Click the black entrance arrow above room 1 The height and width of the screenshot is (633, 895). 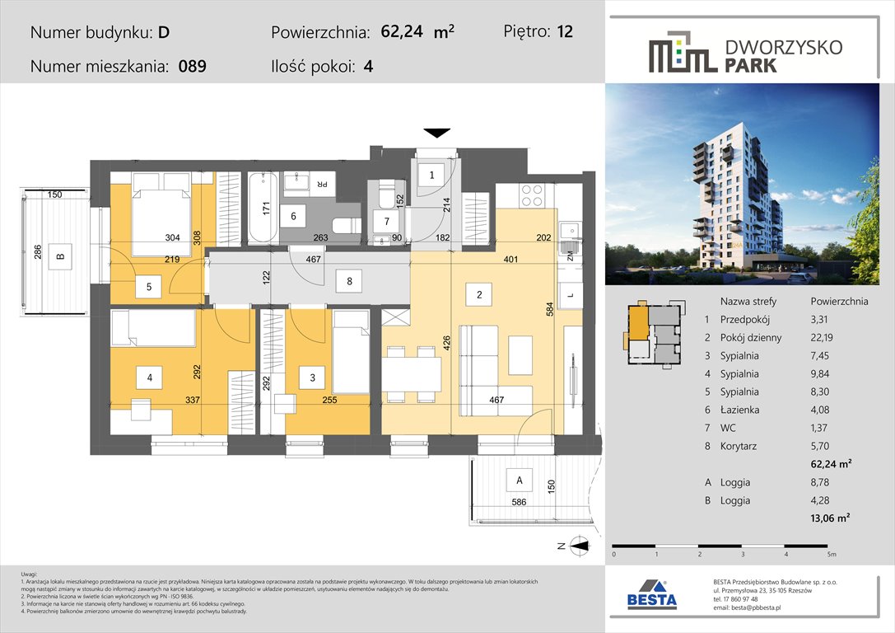pos(436,132)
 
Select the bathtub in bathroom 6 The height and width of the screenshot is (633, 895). pos(263,207)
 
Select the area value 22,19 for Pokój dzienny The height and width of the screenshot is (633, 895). pos(826,337)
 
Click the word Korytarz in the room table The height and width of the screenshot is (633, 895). pos(739,446)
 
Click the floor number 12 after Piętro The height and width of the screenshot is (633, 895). pos(564,32)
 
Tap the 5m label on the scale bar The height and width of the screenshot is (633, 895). pos(831,555)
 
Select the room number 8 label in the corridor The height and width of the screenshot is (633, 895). pos(350,282)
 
